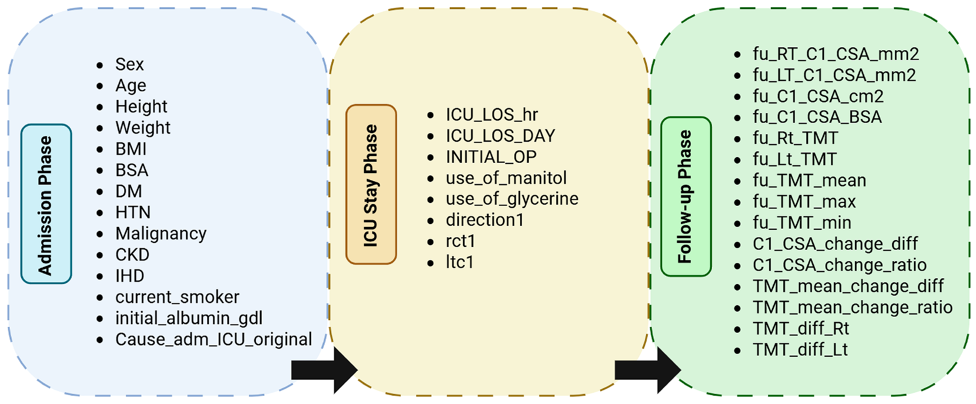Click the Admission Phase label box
[x=46, y=204]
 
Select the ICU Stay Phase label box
[x=371, y=184]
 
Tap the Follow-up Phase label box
[x=685, y=196]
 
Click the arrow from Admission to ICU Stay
[x=324, y=370]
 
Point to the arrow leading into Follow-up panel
[x=647, y=370]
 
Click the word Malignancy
[x=161, y=234]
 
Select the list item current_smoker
[x=177, y=297]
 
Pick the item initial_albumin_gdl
[x=189, y=318]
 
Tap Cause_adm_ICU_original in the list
[x=213, y=339]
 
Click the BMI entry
[x=131, y=149]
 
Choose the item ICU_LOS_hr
[x=491, y=115]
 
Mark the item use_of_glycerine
[x=512, y=199]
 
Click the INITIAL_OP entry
[x=491, y=157]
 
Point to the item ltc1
[x=459, y=262]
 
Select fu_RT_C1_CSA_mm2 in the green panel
[x=835, y=54]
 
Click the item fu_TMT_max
[x=804, y=202]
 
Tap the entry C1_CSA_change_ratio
[x=839, y=265]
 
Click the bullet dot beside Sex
[x=100, y=65]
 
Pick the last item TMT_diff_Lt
[x=800, y=350]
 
